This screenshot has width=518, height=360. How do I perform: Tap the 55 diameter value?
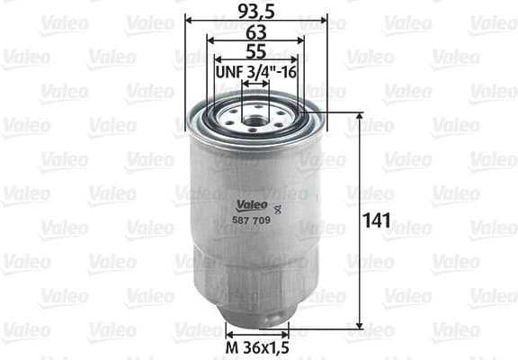(x=255, y=52)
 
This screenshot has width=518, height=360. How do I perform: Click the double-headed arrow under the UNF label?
(x=256, y=84)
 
